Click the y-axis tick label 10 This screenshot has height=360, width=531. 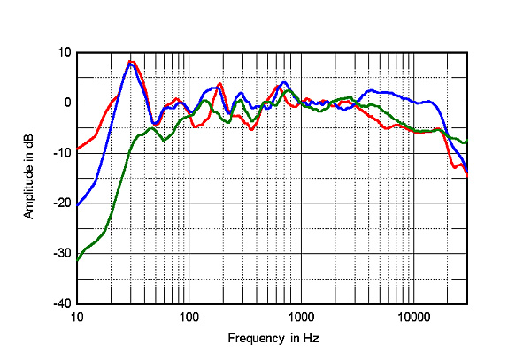click(x=64, y=52)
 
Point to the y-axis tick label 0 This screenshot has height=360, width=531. click(x=66, y=103)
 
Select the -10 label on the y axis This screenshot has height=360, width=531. click(x=62, y=153)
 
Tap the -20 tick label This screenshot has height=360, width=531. click(x=62, y=203)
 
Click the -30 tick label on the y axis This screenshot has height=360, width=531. click(x=62, y=253)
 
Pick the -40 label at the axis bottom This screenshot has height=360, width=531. click(x=62, y=303)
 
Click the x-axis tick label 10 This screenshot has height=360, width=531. click(x=77, y=317)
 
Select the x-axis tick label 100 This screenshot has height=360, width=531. click(x=189, y=317)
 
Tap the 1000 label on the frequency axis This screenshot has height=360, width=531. click(x=301, y=317)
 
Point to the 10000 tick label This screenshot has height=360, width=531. click(x=412, y=317)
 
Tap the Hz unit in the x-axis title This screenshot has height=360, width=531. click(x=311, y=339)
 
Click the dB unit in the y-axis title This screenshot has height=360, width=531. click(x=29, y=141)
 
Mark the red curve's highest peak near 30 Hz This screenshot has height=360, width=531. click(x=130, y=62)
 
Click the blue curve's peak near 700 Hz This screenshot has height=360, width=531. click(x=283, y=83)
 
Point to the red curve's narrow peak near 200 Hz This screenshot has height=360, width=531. click(x=220, y=85)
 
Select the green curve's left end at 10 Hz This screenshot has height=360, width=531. click(x=78, y=260)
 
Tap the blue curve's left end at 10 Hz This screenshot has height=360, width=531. click(x=78, y=205)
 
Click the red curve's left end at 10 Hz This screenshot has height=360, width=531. click(x=78, y=149)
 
